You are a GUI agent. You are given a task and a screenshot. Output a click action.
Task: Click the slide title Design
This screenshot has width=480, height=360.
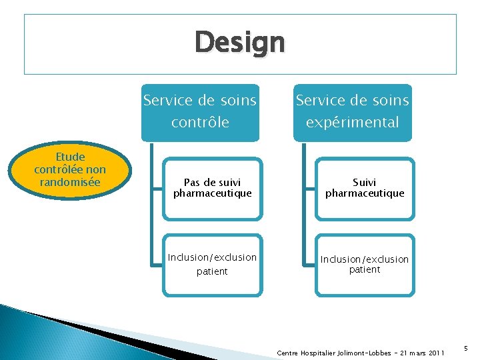pyautogui.click(x=240, y=43)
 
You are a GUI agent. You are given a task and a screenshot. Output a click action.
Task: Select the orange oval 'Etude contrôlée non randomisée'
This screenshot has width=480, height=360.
pyautogui.click(x=70, y=169)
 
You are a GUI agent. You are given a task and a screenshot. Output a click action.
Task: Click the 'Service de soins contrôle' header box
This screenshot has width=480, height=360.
pyautogui.click(x=200, y=111)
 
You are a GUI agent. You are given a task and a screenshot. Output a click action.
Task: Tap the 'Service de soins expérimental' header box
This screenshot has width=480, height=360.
pyautogui.click(x=353, y=111)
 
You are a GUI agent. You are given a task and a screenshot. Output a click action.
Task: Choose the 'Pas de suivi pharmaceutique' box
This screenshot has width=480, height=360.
pyautogui.click(x=213, y=188)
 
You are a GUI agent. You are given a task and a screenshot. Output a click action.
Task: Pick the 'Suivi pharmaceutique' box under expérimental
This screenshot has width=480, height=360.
pyautogui.click(x=365, y=188)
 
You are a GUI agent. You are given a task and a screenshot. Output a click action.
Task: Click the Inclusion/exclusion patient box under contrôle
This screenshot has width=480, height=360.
pyautogui.click(x=213, y=264)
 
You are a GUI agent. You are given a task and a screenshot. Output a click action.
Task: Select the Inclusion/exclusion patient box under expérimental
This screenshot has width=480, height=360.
pyautogui.click(x=365, y=264)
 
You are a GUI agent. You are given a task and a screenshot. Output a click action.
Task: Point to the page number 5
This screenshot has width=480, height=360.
pyautogui.click(x=465, y=347)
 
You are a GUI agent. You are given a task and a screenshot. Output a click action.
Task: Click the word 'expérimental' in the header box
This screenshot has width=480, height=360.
pyautogui.click(x=353, y=122)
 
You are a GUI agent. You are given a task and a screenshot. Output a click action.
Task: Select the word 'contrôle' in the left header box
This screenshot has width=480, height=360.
pyautogui.click(x=200, y=122)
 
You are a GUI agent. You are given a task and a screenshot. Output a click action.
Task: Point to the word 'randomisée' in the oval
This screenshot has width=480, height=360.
pyautogui.click(x=70, y=181)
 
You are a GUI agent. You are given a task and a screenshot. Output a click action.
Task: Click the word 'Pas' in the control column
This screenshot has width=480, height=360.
pyautogui.click(x=192, y=182)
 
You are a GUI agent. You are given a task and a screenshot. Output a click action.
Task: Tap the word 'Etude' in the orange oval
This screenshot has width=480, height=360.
pyautogui.click(x=70, y=157)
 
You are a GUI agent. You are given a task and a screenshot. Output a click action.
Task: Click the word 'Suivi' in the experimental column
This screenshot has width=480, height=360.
pyautogui.click(x=365, y=182)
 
